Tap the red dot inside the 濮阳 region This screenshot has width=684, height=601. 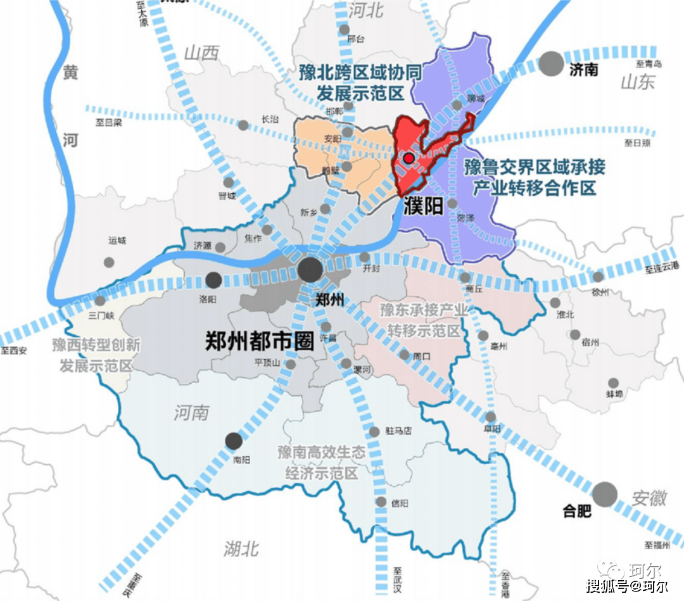click(409, 158)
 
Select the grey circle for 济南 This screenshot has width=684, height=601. click(552, 63)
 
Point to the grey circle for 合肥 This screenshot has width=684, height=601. click(605, 494)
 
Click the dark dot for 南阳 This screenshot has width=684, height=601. click(234, 441)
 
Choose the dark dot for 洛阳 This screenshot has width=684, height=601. click(214, 279)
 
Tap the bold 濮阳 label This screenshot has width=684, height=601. click(422, 205)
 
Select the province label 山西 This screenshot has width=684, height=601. click(201, 53)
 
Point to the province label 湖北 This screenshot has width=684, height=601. click(241, 548)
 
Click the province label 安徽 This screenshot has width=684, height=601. click(649, 498)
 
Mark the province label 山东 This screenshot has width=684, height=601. click(637, 82)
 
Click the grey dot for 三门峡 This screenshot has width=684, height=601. click(101, 300)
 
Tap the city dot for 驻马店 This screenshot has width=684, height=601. click(381, 431)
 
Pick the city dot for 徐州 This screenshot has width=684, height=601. click(598, 276)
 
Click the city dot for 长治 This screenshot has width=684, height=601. click(243, 125)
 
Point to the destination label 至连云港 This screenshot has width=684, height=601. click(662, 269)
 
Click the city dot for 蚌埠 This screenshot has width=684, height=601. click(613, 383)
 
